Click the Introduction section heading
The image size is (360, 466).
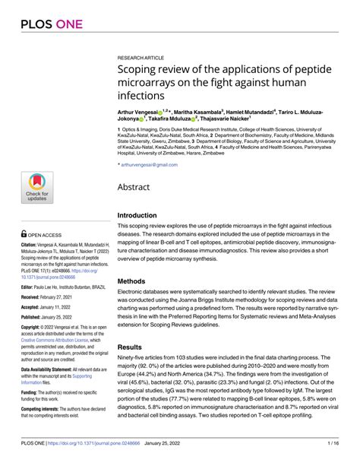coord(142,216)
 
